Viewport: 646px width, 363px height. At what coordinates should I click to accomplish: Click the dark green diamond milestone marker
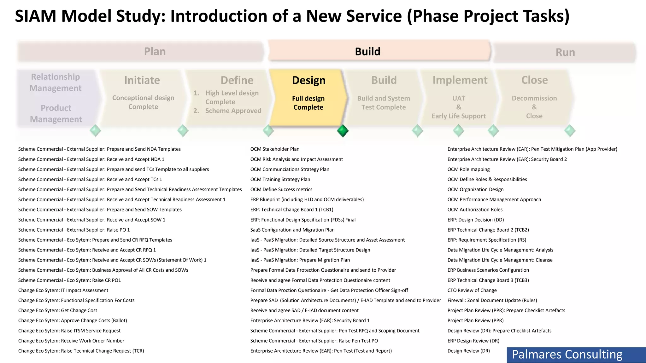[x=343, y=130]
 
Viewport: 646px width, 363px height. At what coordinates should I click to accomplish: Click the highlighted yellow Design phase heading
[x=308, y=80]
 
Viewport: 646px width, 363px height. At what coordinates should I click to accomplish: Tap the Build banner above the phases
[x=367, y=51]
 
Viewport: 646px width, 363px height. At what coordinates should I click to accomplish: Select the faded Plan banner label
[x=155, y=51]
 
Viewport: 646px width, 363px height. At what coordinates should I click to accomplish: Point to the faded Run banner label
[x=565, y=52]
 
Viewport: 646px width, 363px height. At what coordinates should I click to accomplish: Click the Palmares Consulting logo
[x=567, y=354]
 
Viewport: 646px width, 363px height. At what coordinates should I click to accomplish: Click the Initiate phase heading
[x=142, y=80]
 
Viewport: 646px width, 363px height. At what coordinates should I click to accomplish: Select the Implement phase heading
[x=460, y=80]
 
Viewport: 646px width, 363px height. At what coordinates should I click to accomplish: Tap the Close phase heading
[x=534, y=80]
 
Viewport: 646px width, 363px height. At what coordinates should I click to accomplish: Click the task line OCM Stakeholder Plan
[x=275, y=149]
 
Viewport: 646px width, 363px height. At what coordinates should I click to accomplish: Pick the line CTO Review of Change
[x=472, y=290]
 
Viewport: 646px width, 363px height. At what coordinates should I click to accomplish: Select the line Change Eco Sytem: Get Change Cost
[x=58, y=310]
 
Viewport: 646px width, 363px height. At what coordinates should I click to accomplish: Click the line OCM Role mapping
[x=468, y=169]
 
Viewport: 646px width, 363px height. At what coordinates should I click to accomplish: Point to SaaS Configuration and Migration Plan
[x=292, y=230]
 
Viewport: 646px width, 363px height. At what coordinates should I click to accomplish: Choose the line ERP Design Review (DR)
[x=473, y=341]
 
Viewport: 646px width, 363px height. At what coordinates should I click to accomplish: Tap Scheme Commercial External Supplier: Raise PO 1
[x=74, y=230]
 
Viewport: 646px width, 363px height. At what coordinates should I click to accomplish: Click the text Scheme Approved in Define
[x=233, y=111]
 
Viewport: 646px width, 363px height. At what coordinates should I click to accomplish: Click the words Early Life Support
[x=459, y=116]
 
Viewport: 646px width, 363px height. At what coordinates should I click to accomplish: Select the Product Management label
[x=56, y=113]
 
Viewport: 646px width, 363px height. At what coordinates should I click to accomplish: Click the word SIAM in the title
[x=35, y=16]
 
